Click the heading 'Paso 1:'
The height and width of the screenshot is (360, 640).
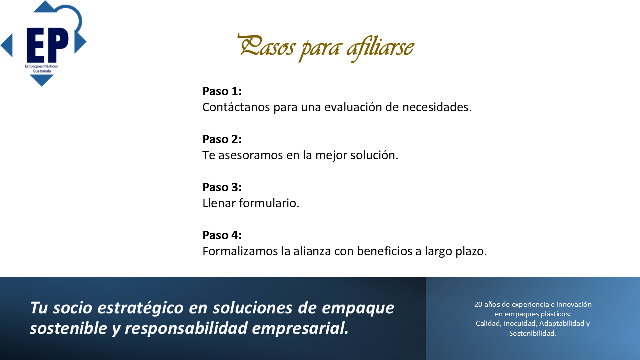coord(222,91)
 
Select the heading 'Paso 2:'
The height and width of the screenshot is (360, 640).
coord(222,139)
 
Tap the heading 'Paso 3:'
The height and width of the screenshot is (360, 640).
coord(222,187)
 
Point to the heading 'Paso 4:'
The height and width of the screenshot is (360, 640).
coord(222,235)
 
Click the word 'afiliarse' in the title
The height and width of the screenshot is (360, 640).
coord(380,48)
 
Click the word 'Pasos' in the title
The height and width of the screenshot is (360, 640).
coord(266,45)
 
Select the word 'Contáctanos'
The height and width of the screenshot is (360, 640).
coord(236,107)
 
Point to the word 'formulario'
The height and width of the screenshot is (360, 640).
coord(268,203)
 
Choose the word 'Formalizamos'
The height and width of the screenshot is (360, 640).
coord(240,251)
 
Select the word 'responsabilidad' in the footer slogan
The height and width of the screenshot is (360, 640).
coord(186,328)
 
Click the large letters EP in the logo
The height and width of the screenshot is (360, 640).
coord(47,45)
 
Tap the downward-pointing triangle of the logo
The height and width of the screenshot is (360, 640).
coord(42,80)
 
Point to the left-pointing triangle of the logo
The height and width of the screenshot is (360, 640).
coord(7,45)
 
